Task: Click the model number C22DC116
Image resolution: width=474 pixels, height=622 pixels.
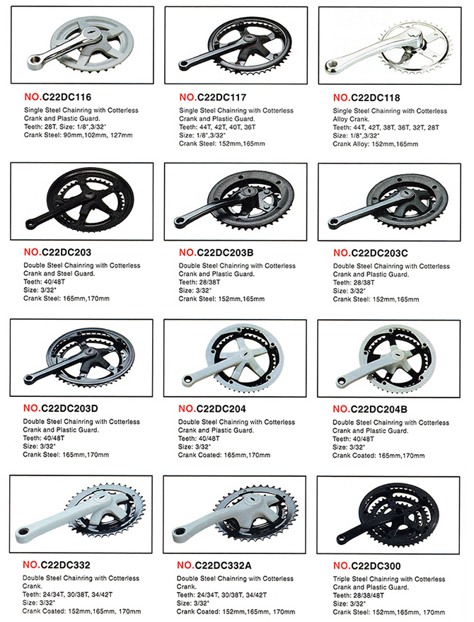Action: click(67, 97)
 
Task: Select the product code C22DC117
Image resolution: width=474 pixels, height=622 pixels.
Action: click(221, 98)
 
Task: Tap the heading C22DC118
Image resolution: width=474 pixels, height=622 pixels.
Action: click(376, 98)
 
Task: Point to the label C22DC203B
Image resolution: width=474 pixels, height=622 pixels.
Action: click(225, 253)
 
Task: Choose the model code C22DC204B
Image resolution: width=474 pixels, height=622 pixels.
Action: click(378, 409)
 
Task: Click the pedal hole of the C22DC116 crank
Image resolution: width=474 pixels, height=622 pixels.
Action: click(34, 62)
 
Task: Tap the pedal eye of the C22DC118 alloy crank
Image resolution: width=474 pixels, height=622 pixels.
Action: click(331, 67)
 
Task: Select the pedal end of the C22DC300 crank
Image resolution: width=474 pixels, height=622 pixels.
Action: click(341, 539)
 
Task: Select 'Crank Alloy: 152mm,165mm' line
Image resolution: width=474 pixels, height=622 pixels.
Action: click(375, 144)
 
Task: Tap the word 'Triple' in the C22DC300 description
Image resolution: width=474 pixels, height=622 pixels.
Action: click(342, 579)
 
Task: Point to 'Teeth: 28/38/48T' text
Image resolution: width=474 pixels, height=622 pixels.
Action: click(359, 595)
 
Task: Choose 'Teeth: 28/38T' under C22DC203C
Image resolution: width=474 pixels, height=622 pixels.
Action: click(354, 283)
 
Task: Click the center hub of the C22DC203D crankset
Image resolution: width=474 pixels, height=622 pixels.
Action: click(91, 352)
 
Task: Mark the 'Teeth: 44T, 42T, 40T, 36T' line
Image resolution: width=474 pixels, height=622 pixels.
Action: click(217, 127)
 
